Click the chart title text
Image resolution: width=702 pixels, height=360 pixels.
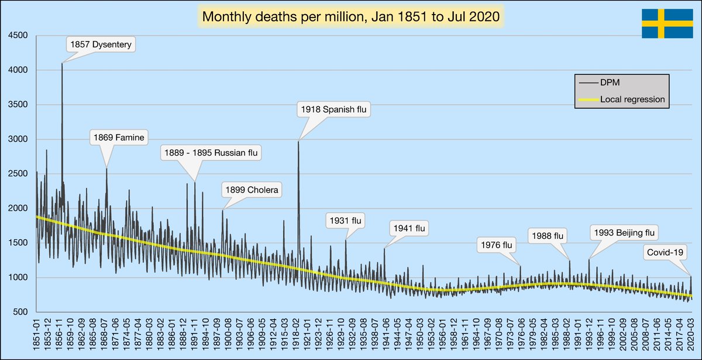[350, 17]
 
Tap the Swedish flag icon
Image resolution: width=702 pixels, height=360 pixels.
[667, 24]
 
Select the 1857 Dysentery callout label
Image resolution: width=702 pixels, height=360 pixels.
[101, 44]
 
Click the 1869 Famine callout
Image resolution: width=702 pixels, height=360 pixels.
[119, 138]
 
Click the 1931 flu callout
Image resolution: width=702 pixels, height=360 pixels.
[346, 221]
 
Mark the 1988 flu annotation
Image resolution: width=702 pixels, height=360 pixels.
[548, 236]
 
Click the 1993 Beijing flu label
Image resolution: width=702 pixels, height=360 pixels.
[624, 233]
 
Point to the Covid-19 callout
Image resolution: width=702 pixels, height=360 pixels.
[666, 253]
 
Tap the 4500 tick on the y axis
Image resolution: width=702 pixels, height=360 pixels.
[18, 36]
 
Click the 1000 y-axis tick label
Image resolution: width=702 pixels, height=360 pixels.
[18, 277]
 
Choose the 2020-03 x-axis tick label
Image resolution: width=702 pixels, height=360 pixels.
[691, 336]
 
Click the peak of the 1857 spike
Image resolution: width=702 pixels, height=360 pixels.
[62, 64]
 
